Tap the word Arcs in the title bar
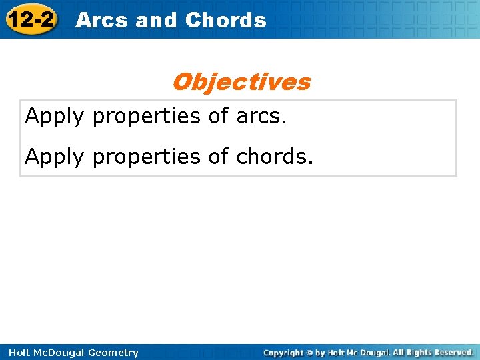[102, 20]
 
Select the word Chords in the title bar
[225, 20]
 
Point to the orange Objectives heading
[241, 82]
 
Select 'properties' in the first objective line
[147, 117]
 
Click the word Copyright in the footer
[283, 352]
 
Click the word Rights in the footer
[415, 352]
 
